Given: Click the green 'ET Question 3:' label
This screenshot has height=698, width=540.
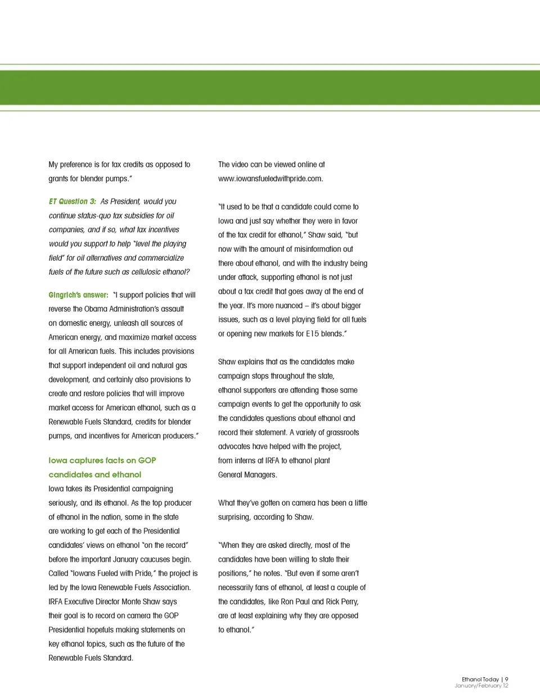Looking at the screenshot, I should point(72,201).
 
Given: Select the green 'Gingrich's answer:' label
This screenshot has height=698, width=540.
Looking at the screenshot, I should point(78,295).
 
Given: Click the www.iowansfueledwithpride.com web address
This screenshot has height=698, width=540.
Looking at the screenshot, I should point(271,179).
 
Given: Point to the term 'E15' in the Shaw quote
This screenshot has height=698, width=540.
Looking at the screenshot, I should point(312,334).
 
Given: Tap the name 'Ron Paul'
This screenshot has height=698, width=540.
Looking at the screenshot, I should point(295,602).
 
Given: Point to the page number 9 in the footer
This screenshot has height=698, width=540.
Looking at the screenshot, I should point(506,679).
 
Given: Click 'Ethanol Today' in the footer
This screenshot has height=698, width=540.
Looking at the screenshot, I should point(480,679).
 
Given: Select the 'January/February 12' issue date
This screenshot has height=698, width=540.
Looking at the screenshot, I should point(481,686).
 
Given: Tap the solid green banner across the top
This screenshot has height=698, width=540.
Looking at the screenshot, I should point(270,87).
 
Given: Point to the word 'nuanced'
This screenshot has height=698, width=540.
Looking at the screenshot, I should point(289,306).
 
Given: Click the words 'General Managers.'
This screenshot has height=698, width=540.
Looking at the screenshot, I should point(247,475).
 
